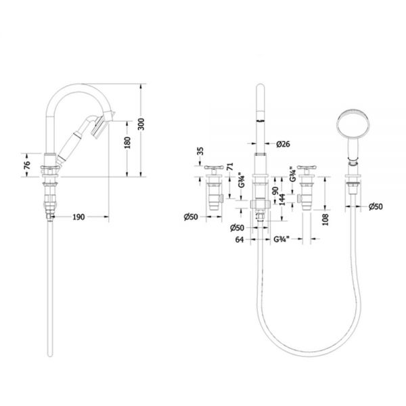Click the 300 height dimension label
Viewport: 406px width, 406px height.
141,124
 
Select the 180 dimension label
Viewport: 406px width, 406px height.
127,143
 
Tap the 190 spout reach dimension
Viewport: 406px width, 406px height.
78,217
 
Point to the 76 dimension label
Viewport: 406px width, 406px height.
27,165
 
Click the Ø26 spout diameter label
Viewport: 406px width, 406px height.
283,144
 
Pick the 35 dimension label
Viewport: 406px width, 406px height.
200,151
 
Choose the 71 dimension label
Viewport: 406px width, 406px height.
229,166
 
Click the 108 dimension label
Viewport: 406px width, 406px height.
325,219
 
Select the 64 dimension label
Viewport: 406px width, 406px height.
240,240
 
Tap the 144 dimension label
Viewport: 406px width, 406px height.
282,200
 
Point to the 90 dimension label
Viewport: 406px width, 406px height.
275,191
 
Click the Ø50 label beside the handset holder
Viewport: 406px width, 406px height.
376,206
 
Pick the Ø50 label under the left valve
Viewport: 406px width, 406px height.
191,217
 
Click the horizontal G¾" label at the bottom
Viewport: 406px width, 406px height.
281,240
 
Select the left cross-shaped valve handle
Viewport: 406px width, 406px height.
214,168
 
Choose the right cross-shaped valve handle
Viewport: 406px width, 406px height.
307,168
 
